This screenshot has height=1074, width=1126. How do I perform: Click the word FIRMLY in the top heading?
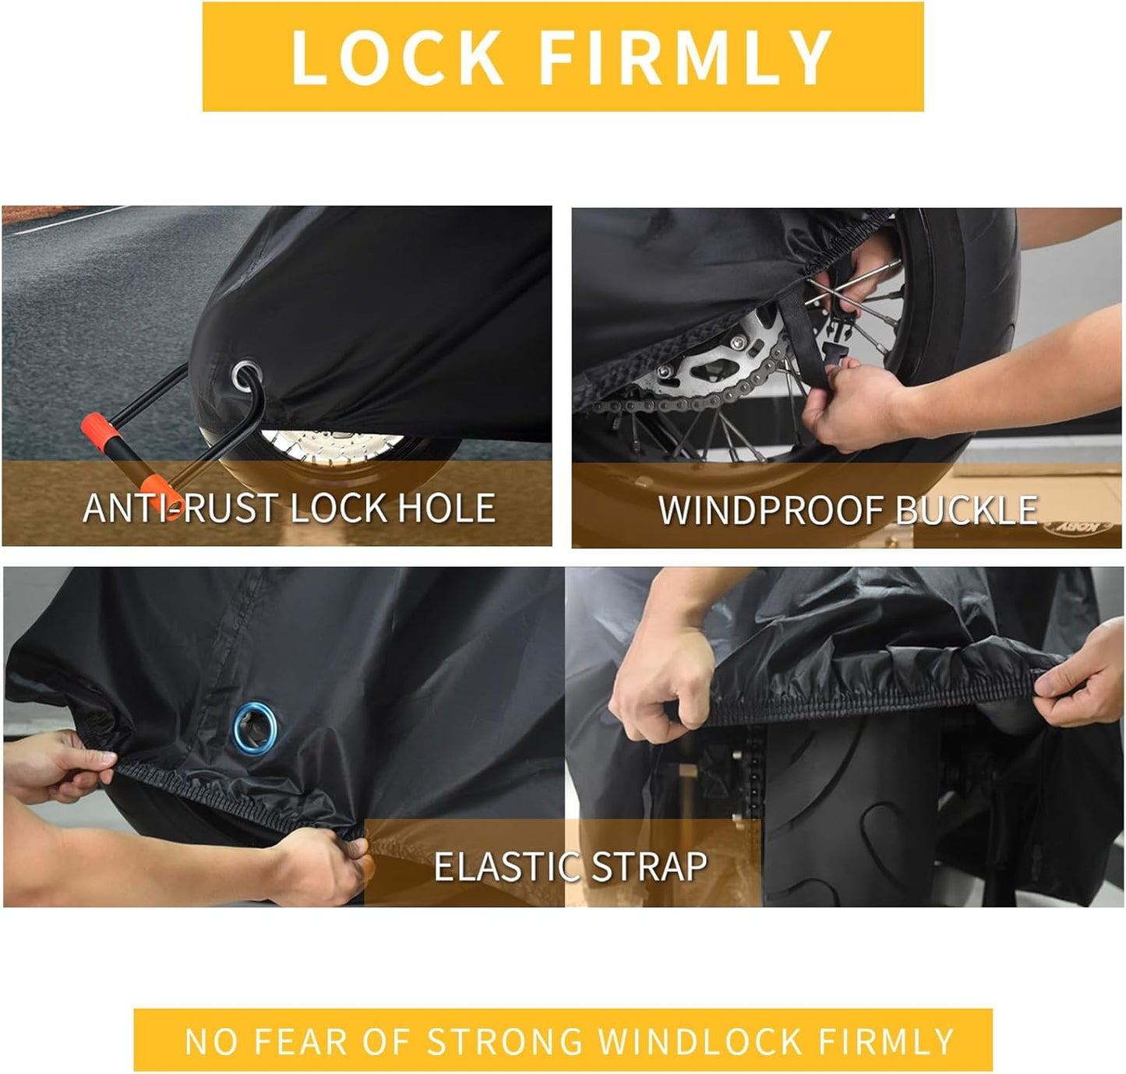(x=685, y=57)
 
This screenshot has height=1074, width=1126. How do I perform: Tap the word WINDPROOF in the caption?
(x=771, y=511)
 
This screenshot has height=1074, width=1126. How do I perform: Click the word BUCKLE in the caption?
(x=966, y=511)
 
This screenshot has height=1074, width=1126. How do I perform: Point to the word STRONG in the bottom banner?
(x=505, y=1041)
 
